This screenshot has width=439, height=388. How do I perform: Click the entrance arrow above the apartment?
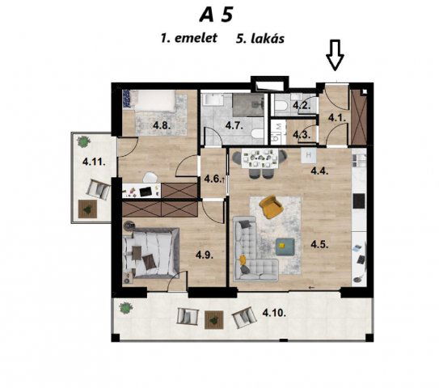(335, 55)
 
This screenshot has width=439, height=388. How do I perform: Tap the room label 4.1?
(337, 118)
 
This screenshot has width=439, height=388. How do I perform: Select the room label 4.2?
(302, 106)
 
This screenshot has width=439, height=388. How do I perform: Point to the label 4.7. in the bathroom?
(234, 125)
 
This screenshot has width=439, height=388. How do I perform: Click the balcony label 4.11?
(94, 162)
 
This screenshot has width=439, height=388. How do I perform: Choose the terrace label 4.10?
(274, 313)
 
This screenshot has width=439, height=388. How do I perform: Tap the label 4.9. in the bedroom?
(205, 255)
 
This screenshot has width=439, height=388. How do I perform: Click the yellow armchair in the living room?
(271, 206)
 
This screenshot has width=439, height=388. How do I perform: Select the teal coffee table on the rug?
(285, 247)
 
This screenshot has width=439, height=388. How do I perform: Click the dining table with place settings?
(260, 159)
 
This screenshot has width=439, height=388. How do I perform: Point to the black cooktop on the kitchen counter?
(359, 201)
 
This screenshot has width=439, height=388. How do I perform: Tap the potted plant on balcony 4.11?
(83, 141)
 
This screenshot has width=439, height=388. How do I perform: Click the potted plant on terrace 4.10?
(125, 308)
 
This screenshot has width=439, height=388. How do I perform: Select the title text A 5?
(216, 15)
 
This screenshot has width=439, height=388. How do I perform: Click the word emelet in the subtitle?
(196, 38)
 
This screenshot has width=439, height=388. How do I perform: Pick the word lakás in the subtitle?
(268, 39)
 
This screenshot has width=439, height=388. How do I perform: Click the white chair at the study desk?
(150, 178)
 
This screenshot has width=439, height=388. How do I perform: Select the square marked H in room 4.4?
(309, 155)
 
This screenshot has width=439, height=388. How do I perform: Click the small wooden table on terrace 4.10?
(214, 319)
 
